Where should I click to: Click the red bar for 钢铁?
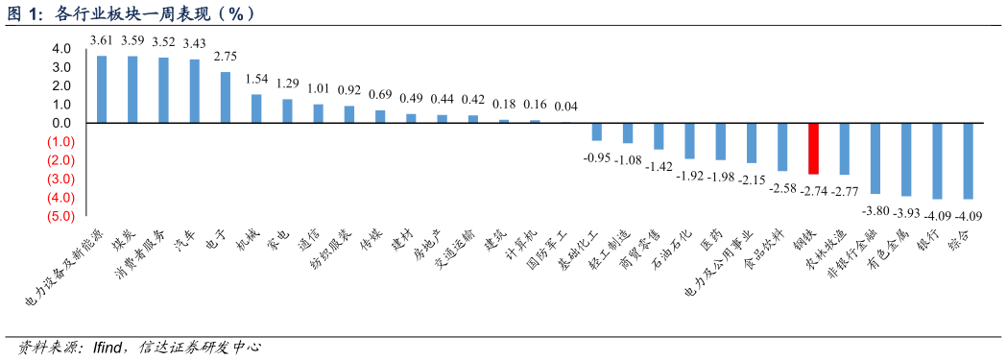(814, 148)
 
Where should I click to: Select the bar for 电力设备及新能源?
(102, 89)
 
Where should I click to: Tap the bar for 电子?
(226, 97)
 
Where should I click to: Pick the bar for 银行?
(937, 160)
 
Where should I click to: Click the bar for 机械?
(256, 108)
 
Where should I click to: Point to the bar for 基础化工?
(597, 132)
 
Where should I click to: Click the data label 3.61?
(102, 40)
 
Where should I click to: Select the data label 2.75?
(226, 57)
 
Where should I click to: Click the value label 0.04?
(566, 107)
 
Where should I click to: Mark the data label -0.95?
(597, 157)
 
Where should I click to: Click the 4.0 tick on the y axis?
(61, 49)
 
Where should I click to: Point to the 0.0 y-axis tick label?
(61, 123)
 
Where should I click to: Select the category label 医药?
(712, 240)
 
